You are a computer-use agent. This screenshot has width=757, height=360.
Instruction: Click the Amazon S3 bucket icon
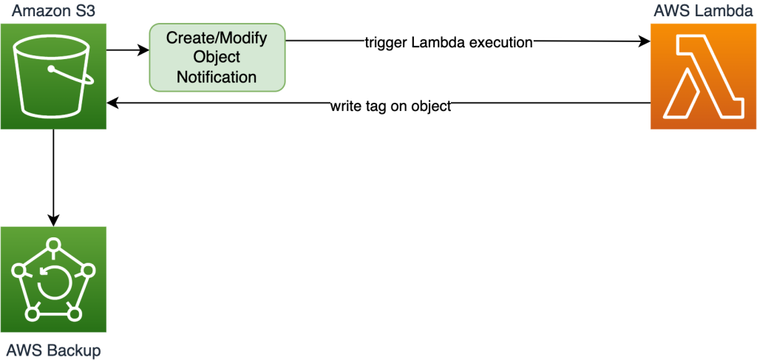tap(53, 77)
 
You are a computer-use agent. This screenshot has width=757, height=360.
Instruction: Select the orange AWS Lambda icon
tap(703, 77)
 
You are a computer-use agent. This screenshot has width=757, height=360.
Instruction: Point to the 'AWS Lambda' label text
tap(702, 10)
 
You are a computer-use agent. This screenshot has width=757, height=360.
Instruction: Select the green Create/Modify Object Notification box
tap(217, 57)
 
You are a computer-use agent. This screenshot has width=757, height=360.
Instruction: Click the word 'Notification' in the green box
tap(217, 77)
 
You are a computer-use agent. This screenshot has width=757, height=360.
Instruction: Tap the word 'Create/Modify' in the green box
tap(217, 38)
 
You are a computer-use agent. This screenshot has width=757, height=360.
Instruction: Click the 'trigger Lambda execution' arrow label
tap(449, 42)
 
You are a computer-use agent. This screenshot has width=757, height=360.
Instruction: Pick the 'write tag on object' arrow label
tap(390, 106)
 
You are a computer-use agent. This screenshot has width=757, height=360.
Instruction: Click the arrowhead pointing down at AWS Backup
tap(53, 221)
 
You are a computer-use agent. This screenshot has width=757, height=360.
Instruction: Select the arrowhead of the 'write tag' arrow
tap(113, 104)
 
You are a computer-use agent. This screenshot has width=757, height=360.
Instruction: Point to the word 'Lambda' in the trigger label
tap(432, 42)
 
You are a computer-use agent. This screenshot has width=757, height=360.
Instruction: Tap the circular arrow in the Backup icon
tap(52, 283)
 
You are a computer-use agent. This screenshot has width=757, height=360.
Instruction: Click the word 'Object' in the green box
tap(217, 57)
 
